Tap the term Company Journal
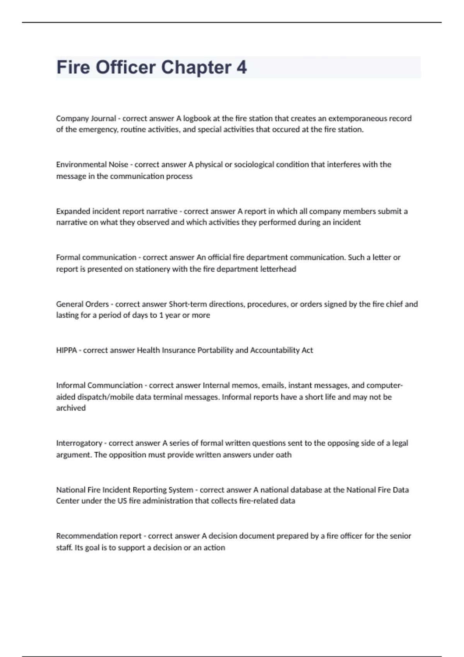[86, 118]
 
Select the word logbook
[197, 118]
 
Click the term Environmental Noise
[92, 165]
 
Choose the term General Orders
[82, 304]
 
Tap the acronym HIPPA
[66, 351]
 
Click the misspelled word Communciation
[115, 385]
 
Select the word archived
[71, 408]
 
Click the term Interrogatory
[79, 443]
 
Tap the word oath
[283, 455]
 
